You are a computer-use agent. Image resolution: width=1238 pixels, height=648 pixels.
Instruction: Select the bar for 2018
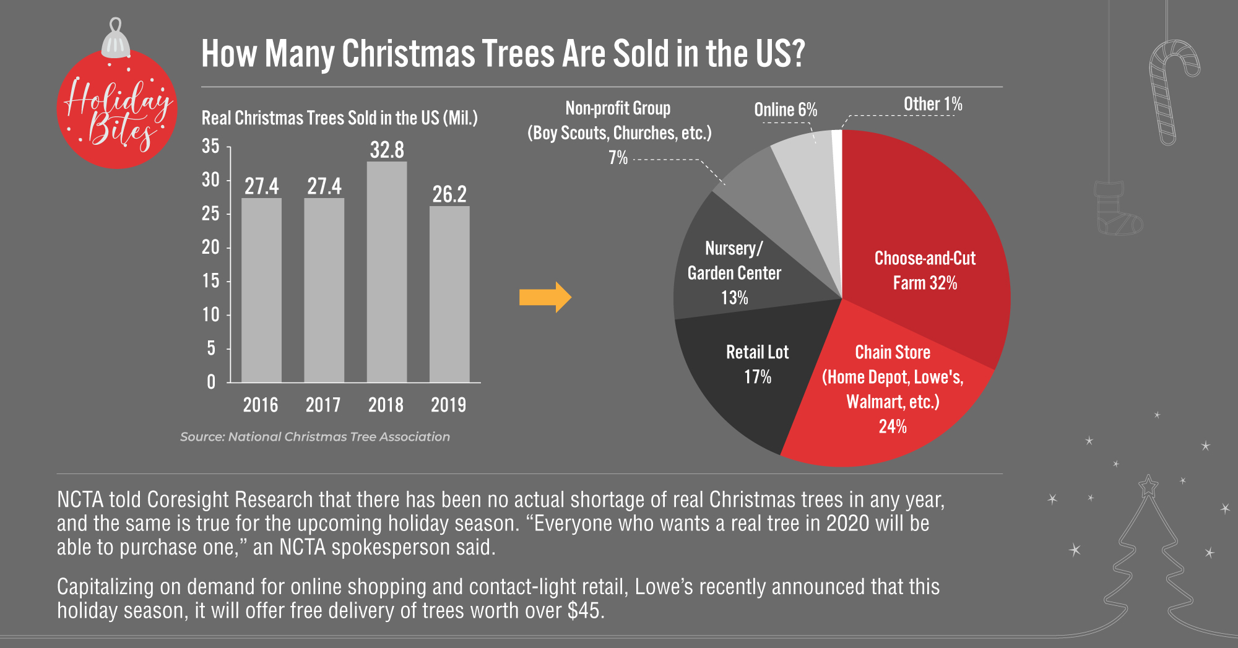click(x=387, y=272)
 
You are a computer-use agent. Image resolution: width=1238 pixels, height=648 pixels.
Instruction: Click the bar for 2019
click(x=449, y=294)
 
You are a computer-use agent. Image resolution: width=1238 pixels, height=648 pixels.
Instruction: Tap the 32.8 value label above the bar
click(x=387, y=150)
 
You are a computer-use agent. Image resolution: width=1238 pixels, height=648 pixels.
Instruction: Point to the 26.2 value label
click(x=449, y=194)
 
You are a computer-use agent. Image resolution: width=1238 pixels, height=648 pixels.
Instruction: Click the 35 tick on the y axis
click(x=210, y=146)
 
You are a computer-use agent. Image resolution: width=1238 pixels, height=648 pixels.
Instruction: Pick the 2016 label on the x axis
click(x=261, y=405)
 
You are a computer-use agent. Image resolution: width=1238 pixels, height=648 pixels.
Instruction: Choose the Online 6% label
click(x=786, y=110)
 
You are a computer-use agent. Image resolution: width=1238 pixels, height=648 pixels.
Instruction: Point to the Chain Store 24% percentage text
click(x=893, y=426)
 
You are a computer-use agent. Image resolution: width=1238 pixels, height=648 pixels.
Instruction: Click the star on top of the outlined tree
click(x=1148, y=486)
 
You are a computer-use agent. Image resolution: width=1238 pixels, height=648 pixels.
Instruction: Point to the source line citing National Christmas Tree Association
click(x=315, y=436)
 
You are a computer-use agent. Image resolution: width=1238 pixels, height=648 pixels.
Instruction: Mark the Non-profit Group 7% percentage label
click(x=618, y=158)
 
